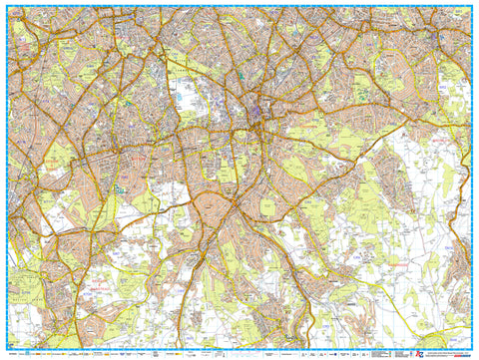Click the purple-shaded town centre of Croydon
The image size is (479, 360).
click(258, 108)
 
